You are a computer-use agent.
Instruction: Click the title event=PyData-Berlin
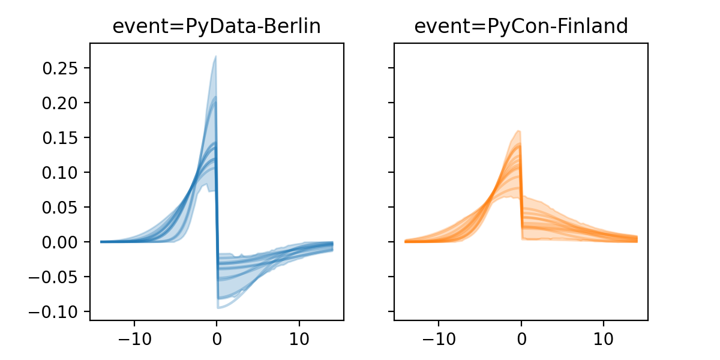(217, 26)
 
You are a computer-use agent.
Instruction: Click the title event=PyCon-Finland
(521, 26)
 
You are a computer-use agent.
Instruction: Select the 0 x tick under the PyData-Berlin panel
(217, 338)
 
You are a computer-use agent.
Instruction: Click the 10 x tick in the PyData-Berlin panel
(299, 338)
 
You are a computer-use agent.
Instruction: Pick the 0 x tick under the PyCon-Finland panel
(521, 338)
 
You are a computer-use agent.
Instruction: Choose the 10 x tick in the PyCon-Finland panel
(604, 338)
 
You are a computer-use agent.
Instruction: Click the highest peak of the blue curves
(215, 56)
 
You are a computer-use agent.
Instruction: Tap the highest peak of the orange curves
(518, 131)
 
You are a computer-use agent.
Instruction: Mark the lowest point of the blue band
(218, 308)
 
